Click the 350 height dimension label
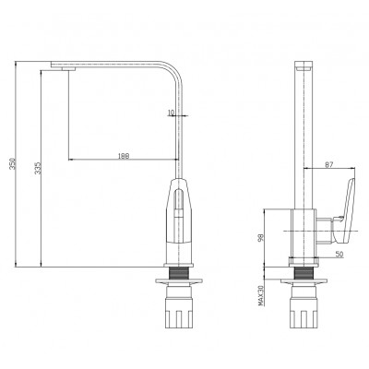coord(13,164)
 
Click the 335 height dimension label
coord(38,168)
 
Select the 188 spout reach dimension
coord(124,156)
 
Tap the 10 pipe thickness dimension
coord(172,113)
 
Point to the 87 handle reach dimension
coord(328,164)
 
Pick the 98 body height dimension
coord(261,237)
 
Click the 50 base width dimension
coord(339,254)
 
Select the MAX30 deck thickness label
coord(261,295)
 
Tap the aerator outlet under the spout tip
coord(68,68)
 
